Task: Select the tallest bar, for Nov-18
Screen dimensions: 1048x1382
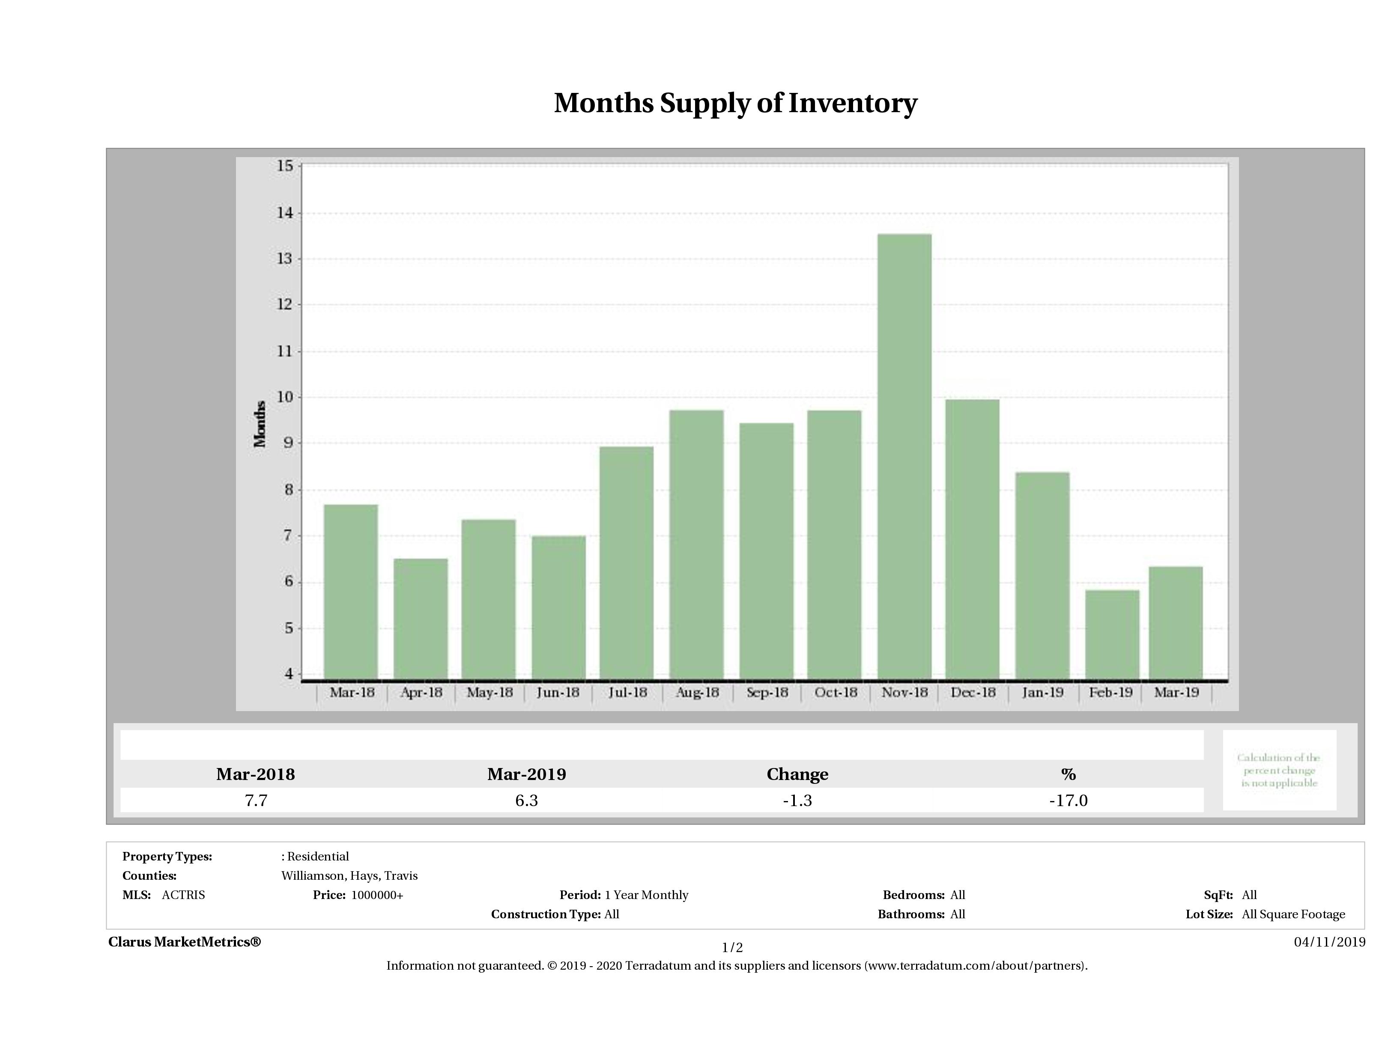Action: pyautogui.click(x=904, y=456)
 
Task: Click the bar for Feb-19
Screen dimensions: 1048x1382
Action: pyautogui.click(x=1112, y=634)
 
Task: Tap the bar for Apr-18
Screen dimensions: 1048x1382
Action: pyautogui.click(x=421, y=618)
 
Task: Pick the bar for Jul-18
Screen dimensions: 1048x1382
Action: pyautogui.click(x=626, y=562)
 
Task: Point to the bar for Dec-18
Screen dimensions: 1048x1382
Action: pyautogui.click(x=972, y=539)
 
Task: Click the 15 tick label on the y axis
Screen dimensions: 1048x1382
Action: pyautogui.click(x=285, y=166)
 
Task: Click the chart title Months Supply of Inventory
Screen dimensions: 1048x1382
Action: pyautogui.click(x=735, y=103)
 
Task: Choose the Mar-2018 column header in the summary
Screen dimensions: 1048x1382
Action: pyautogui.click(x=256, y=774)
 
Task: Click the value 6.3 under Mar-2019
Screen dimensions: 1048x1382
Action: pyautogui.click(x=527, y=800)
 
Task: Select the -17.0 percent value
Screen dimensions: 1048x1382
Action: pyautogui.click(x=1069, y=800)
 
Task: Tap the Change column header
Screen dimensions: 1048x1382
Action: pyautogui.click(x=797, y=774)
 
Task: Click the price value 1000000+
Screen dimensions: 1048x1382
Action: pyautogui.click(x=377, y=895)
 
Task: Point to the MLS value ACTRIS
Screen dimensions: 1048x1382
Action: pyautogui.click(x=183, y=895)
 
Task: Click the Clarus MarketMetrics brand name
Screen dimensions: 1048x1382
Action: pyautogui.click(x=184, y=942)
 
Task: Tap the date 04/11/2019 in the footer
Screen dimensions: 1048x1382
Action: pyautogui.click(x=1329, y=942)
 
